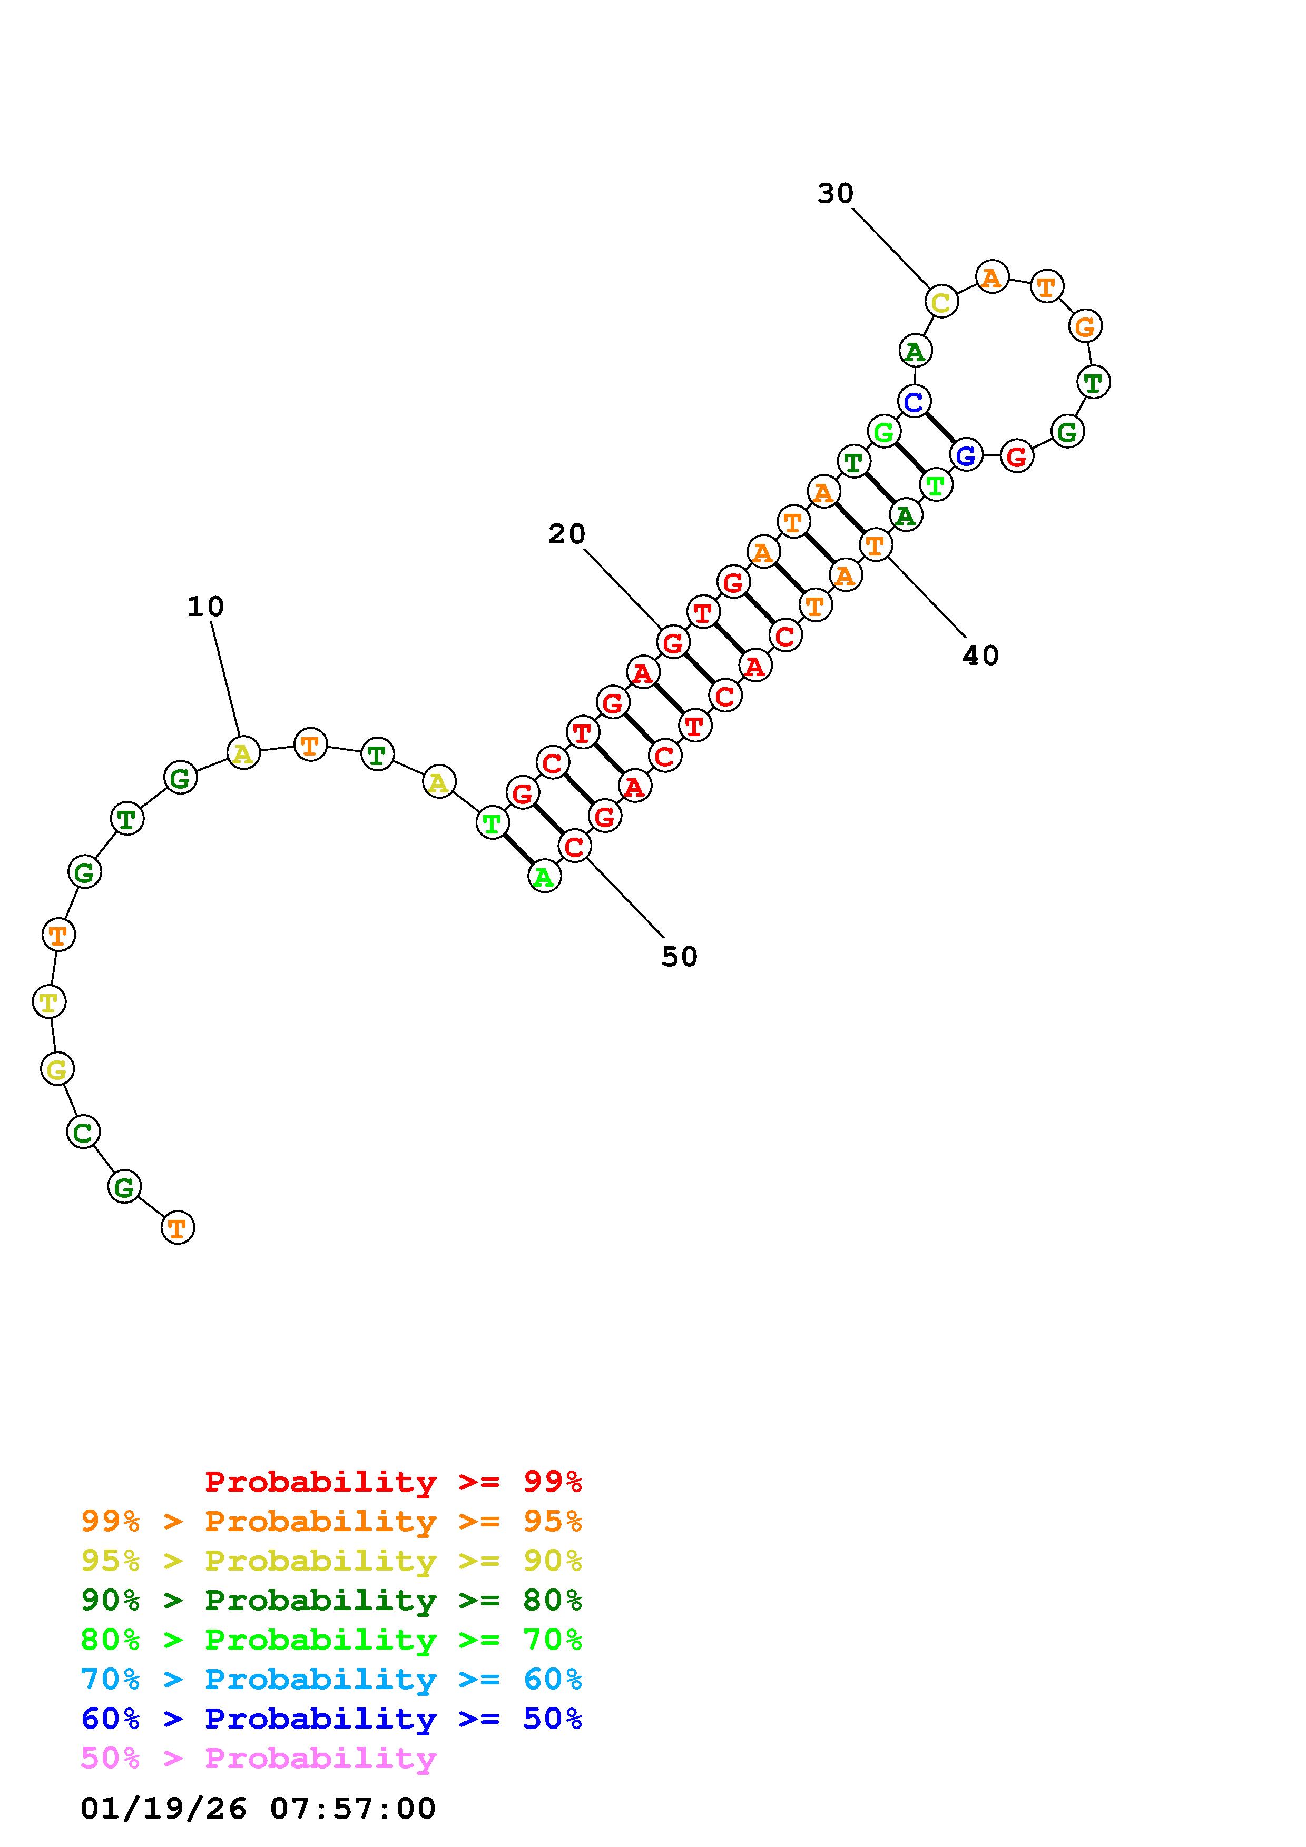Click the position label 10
click(x=205, y=607)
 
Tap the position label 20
click(x=566, y=534)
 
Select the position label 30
click(x=835, y=193)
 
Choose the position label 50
click(x=679, y=957)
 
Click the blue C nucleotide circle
click(x=914, y=401)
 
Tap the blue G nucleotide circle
click(x=966, y=455)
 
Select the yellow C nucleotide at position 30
click(x=941, y=302)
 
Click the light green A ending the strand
click(x=544, y=877)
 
